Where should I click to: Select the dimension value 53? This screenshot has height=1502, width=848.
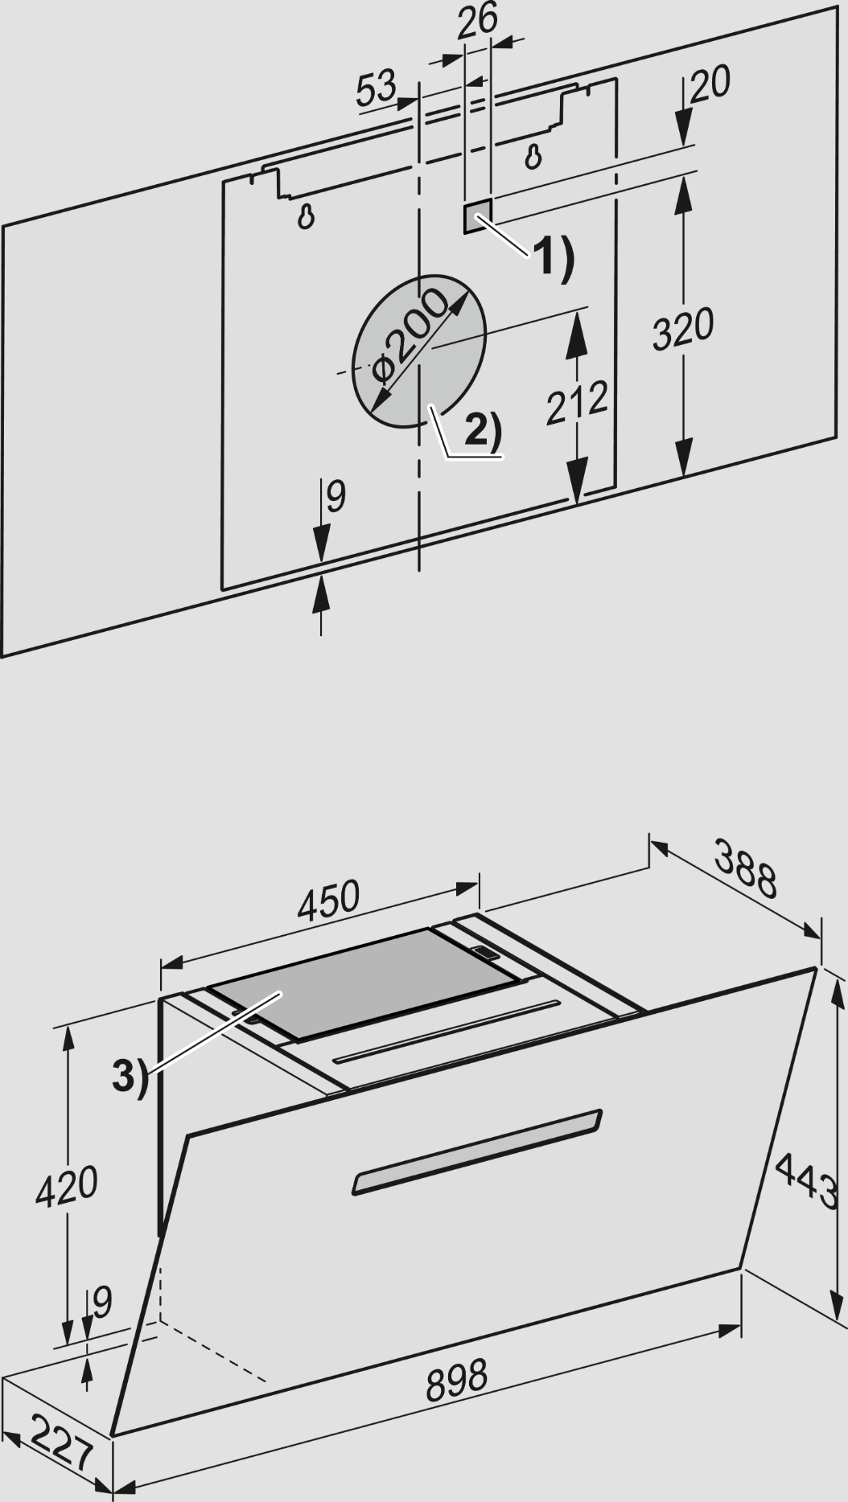[x=378, y=88]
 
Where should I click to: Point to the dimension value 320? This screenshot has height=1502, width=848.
[x=682, y=328]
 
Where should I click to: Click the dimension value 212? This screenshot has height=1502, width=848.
[x=576, y=401]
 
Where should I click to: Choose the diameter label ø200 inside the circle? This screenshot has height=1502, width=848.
[x=409, y=337]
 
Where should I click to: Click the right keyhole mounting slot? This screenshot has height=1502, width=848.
[x=533, y=155]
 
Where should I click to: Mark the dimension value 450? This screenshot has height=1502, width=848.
[x=328, y=901]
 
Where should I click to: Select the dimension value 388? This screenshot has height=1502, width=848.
[x=745, y=869]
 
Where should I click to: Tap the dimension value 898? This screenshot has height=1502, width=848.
[x=456, y=1377]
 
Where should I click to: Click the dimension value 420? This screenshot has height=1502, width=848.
[x=66, y=1185]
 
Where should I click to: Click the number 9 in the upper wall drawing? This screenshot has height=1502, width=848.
[x=335, y=497]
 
